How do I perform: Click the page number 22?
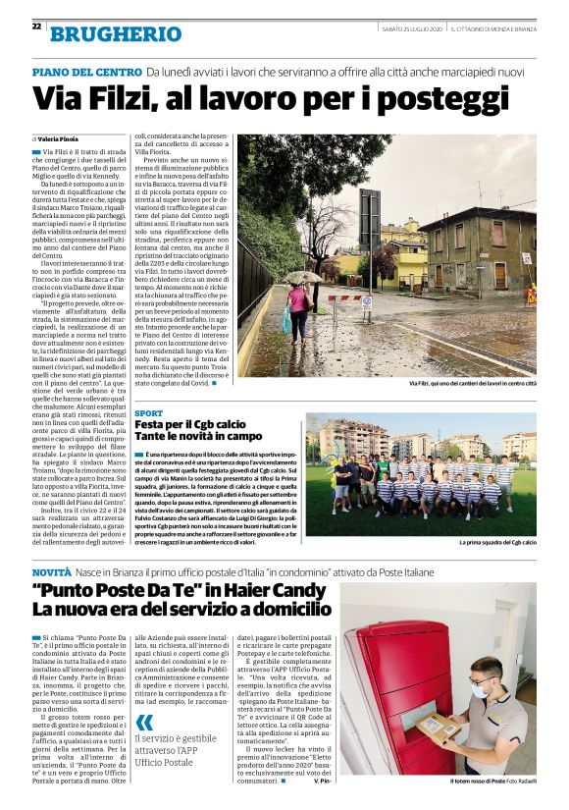36,27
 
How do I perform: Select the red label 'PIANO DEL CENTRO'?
86,72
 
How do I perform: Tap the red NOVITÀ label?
51,570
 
